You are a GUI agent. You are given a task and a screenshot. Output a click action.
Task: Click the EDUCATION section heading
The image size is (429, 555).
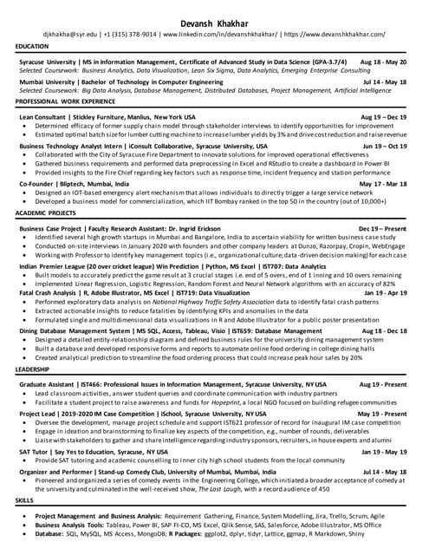point(32,46)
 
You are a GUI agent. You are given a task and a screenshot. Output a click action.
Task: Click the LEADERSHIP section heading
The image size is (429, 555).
point(32,369)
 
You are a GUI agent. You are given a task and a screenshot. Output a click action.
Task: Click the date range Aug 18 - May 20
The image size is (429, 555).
point(382,63)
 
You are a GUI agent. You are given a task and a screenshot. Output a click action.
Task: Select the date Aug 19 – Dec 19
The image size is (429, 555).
point(383,116)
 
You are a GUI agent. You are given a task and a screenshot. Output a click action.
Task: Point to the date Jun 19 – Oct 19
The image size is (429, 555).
point(384,147)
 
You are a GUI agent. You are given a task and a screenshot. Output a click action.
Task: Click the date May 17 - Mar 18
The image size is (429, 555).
point(383,184)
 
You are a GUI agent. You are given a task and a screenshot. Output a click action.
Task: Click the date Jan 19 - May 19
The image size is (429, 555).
point(383,452)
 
